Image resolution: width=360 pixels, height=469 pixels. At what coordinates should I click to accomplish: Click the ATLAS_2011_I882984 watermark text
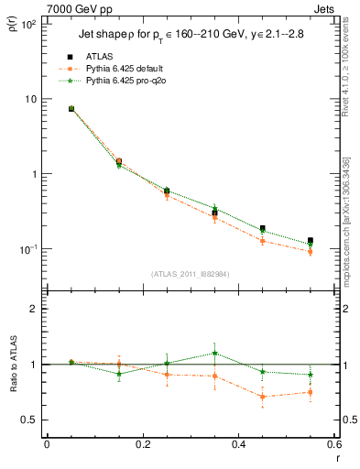point(190,274)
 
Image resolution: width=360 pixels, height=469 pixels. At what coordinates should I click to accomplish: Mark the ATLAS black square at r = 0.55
point(311,241)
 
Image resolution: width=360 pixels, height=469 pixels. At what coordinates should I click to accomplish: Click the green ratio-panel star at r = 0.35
point(214,353)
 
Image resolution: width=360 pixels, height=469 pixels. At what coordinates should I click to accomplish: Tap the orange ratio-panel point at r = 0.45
point(263,397)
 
